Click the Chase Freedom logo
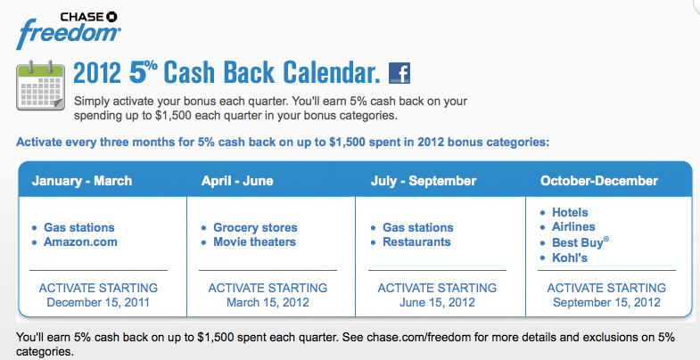click(69, 30)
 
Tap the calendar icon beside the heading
click(41, 86)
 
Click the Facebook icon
click(399, 73)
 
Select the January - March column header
click(82, 181)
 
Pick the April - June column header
click(237, 181)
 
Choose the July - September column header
click(424, 181)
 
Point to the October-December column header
click(599, 181)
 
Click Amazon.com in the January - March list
click(80, 242)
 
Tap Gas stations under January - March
click(79, 227)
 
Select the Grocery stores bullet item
click(255, 227)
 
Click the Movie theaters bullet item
click(254, 242)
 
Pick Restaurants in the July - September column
click(416, 242)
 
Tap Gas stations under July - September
click(418, 227)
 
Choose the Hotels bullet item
click(570, 212)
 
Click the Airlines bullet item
click(573, 226)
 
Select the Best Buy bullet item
click(581, 242)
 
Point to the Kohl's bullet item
click(570, 258)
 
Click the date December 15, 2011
click(98, 302)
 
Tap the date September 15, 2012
click(606, 302)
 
